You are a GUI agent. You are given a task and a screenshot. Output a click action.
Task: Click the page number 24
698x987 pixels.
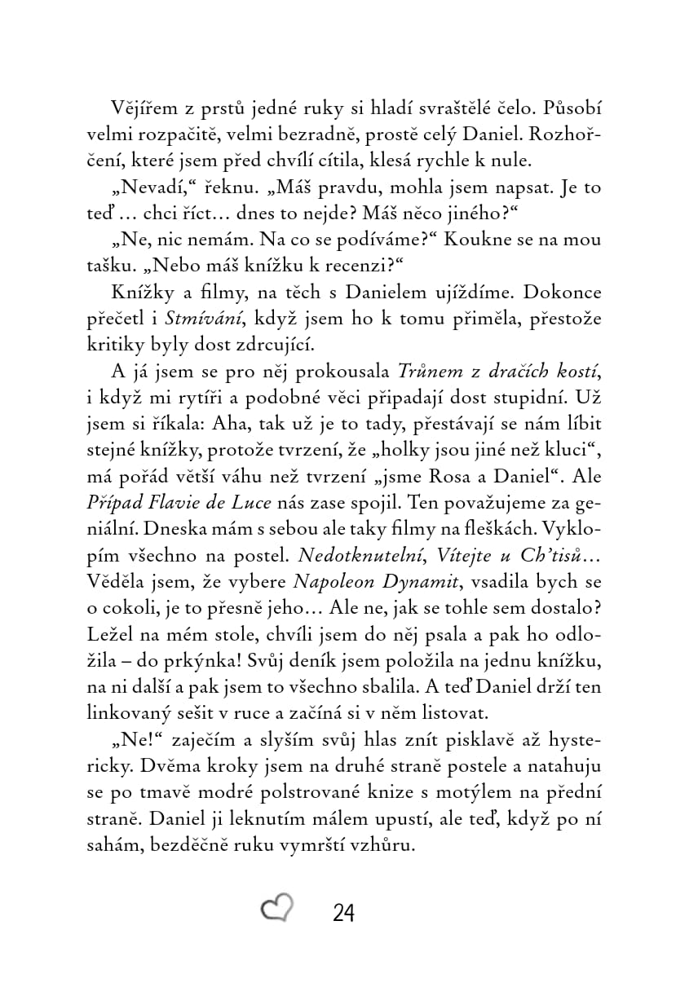pyautogui.click(x=344, y=913)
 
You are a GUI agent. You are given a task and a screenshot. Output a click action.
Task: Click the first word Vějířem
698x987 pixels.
pyautogui.click(x=139, y=109)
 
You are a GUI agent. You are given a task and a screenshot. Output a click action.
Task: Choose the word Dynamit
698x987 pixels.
pyautogui.click(x=408, y=582)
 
